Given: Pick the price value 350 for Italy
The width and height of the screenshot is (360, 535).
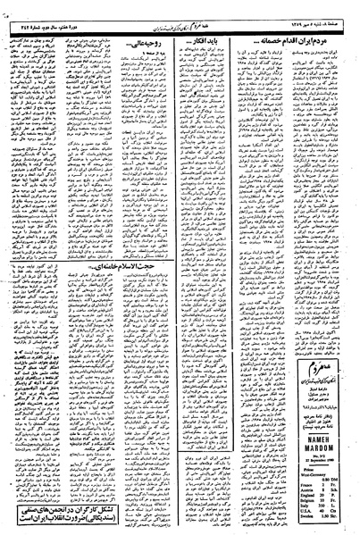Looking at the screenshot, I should pyautogui.click(x=322, y=503).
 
